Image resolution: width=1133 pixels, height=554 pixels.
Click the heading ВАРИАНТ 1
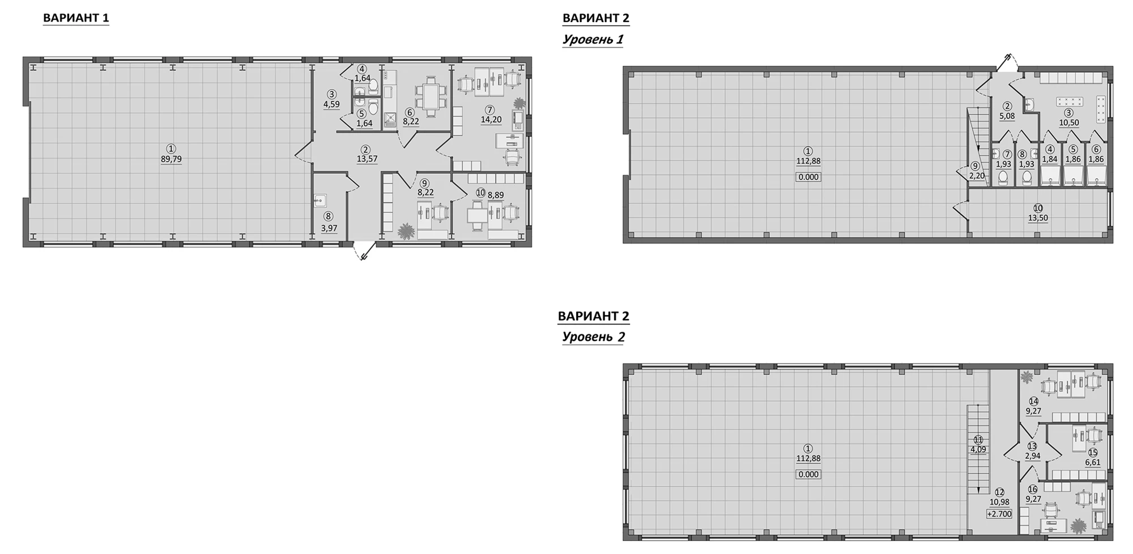tap(76, 18)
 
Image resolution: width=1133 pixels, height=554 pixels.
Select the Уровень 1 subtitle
tap(593, 40)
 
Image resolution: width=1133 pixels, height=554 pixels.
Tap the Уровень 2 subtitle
tap(593, 337)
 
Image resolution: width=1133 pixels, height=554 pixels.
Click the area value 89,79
tap(171, 160)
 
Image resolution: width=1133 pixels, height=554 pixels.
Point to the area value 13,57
tap(367, 159)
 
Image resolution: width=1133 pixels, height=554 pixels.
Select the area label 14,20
tap(491, 120)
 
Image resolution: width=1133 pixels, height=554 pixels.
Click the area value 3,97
tap(329, 228)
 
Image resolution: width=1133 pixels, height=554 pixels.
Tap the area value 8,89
tap(496, 195)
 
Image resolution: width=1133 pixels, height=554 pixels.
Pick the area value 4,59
tap(331, 104)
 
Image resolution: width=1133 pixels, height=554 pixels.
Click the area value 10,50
tap(1069, 122)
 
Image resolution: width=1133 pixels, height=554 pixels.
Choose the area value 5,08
tap(1007, 116)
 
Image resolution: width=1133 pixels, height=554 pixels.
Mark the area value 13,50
tap(1038, 218)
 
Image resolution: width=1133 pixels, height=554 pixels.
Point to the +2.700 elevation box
tap(999, 514)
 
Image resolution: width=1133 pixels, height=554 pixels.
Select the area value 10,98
tap(999, 502)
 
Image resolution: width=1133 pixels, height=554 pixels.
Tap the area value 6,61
tap(1093, 462)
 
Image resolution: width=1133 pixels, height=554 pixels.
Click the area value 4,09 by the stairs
tap(978, 450)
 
